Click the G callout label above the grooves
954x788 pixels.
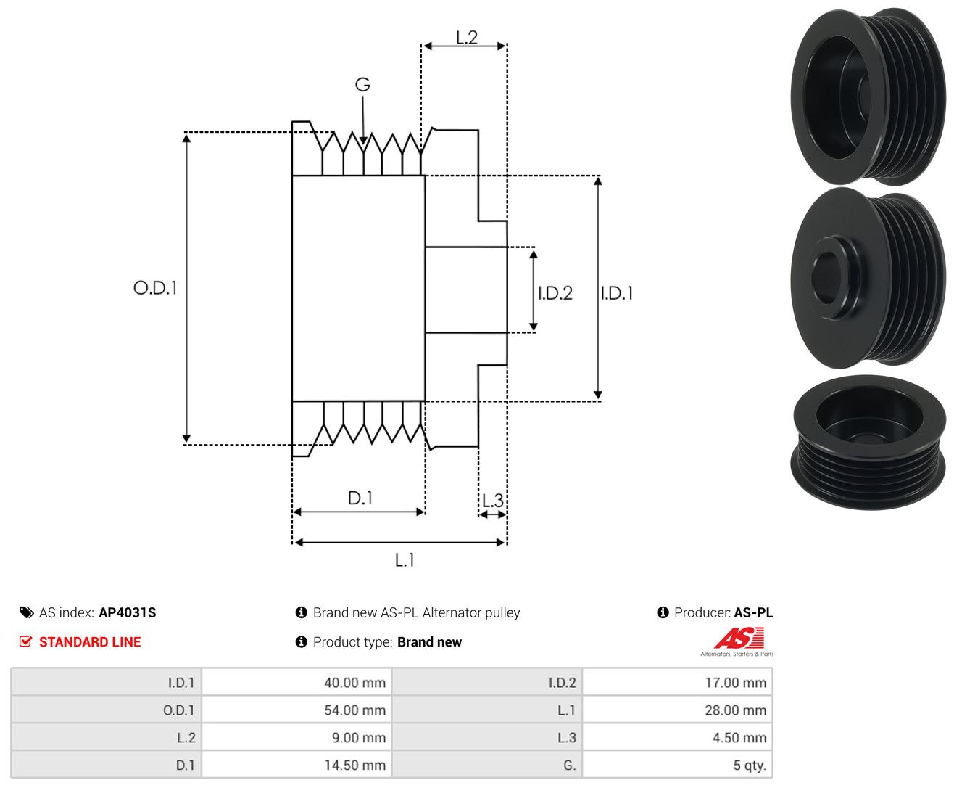(362, 84)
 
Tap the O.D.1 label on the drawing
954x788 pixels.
(155, 287)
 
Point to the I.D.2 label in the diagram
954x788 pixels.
(555, 293)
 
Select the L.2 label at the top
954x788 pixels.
(467, 38)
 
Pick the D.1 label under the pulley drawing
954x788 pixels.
(360, 498)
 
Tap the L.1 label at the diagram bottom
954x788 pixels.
(405, 559)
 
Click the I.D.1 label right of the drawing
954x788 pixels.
(617, 293)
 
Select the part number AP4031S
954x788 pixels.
(128, 612)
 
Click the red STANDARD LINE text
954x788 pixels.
(90, 641)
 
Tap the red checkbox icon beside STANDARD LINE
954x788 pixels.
(25, 641)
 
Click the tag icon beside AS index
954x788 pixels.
(27, 612)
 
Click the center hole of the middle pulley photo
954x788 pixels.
(827, 278)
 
